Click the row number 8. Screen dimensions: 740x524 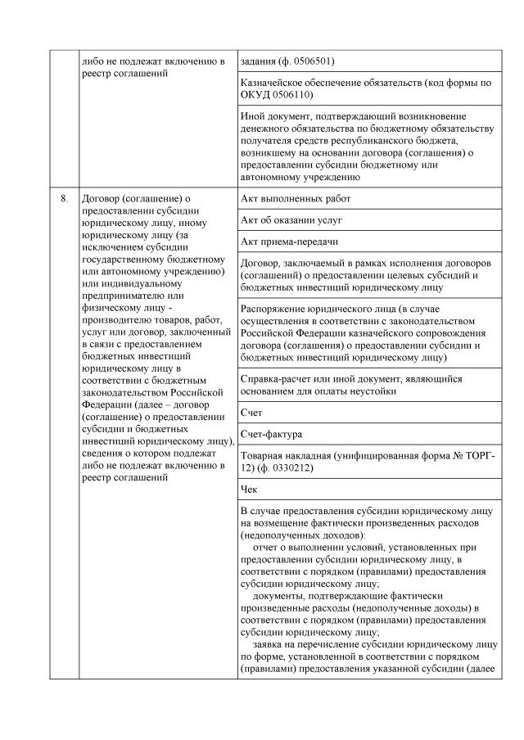pyautogui.click(x=63, y=199)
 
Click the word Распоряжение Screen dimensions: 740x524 pyautogui.click(x=278, y=310)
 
